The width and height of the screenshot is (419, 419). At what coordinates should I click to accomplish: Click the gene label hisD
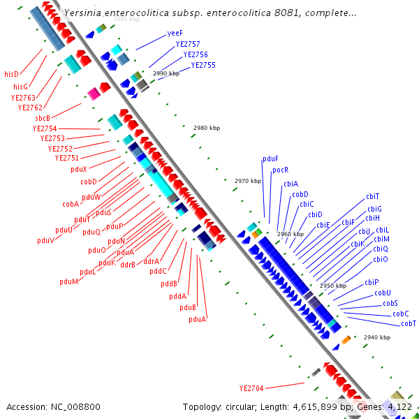tap(11, 74)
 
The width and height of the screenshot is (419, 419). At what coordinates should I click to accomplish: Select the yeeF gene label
tap(175, 34)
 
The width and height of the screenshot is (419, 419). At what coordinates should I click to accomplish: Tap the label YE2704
tap(251, 388)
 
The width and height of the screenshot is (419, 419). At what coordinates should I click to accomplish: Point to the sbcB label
tap(43, 118)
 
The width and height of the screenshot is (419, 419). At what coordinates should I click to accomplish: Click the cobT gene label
tap(409, 323)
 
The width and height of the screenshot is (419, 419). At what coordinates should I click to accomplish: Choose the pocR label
tap(281, 170)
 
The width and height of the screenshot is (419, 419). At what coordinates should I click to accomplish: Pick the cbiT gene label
tap(373, 196)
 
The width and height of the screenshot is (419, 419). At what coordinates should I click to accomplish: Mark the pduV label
tap(46, 240)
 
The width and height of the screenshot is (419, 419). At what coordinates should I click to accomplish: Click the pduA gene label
tap(198, 319)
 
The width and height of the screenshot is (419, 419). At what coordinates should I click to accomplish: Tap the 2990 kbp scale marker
tap(166, 73)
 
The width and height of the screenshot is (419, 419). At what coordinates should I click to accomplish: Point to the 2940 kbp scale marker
tap(377, 337)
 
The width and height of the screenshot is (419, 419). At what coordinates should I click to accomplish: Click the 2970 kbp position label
tap(248, 181)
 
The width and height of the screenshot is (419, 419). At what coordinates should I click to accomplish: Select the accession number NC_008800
tap(53, 406)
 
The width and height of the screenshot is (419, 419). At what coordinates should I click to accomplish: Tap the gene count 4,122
tap(399, 406)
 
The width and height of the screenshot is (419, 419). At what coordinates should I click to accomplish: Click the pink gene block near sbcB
tap(93, 94)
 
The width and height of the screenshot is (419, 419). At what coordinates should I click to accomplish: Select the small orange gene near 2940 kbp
tap(346, 340)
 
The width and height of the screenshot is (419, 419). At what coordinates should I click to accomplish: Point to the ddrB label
tap(128, 265)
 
